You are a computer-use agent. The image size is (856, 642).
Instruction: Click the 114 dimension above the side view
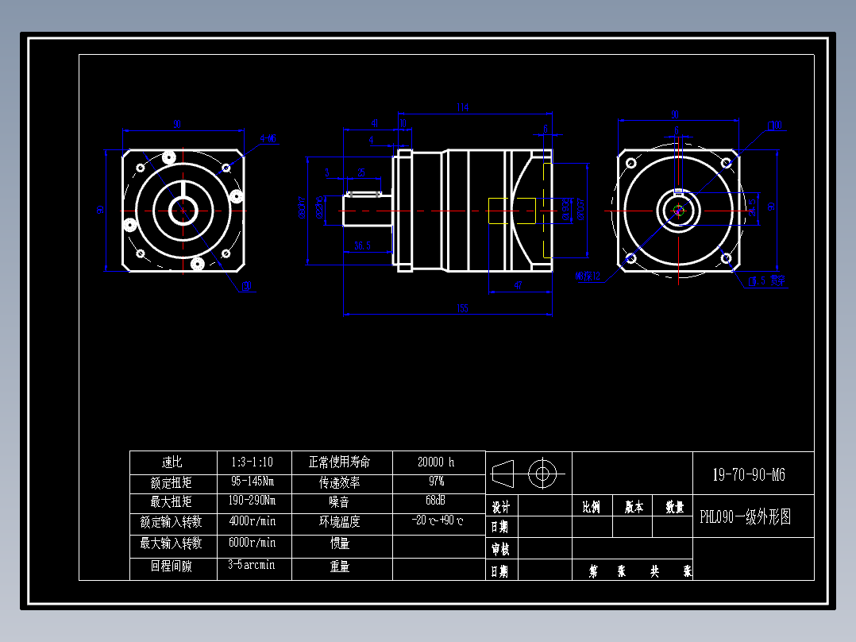[461, 106]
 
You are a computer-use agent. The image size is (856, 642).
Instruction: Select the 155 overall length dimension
[463, 308]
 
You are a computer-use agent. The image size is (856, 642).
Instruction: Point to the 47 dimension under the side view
[518, 284]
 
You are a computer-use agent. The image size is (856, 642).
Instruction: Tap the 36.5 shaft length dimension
[363, 246]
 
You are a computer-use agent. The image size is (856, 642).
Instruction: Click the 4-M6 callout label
[268, 139]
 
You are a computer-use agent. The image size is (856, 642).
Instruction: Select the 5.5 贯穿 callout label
[767, 280]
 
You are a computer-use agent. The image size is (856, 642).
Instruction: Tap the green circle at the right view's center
[677, 211]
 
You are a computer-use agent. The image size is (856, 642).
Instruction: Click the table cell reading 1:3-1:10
[253, 462]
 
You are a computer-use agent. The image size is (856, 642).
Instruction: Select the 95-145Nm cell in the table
[253, 481]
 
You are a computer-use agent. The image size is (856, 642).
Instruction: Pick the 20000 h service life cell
[436, 462]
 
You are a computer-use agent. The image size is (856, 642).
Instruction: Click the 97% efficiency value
[436, 481]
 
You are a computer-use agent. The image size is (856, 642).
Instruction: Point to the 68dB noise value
[436, 501]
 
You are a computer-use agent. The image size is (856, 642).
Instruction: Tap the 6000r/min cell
[253, 543]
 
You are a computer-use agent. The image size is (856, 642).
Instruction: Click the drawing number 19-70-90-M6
[749, 475]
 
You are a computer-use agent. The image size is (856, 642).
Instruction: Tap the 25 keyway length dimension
[361, 172]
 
